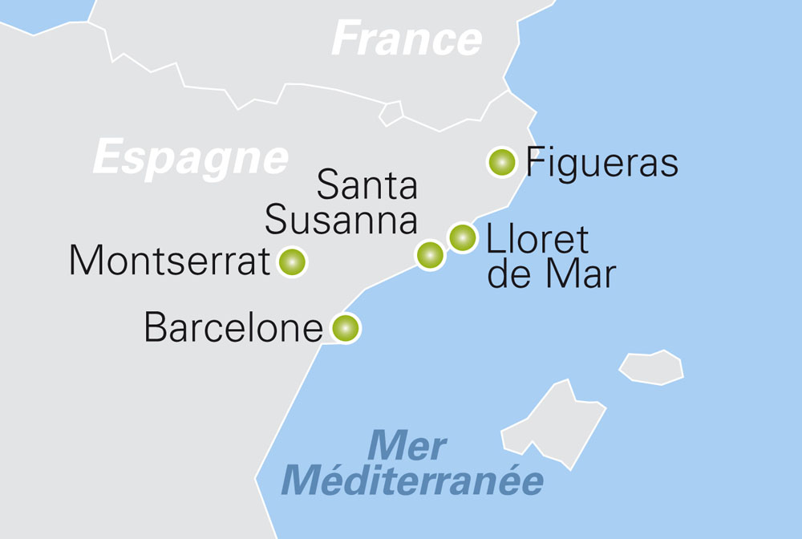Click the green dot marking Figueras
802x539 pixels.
point(501,162)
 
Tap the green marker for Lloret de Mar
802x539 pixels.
point(462,237)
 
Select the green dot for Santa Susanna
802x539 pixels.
point(430,255)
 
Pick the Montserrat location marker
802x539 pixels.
point(291,261)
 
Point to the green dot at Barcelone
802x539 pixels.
point(345,328)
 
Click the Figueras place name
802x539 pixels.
point(601,164)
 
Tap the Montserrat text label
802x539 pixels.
point(169,261)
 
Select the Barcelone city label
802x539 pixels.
point(233,328)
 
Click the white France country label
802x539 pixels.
point(407,38)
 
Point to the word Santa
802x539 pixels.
point(367,185)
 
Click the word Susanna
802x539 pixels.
point(341,220)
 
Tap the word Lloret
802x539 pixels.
point(537,239)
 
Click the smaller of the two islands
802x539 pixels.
point(651,367)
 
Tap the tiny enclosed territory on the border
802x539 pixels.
point(391,113)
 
